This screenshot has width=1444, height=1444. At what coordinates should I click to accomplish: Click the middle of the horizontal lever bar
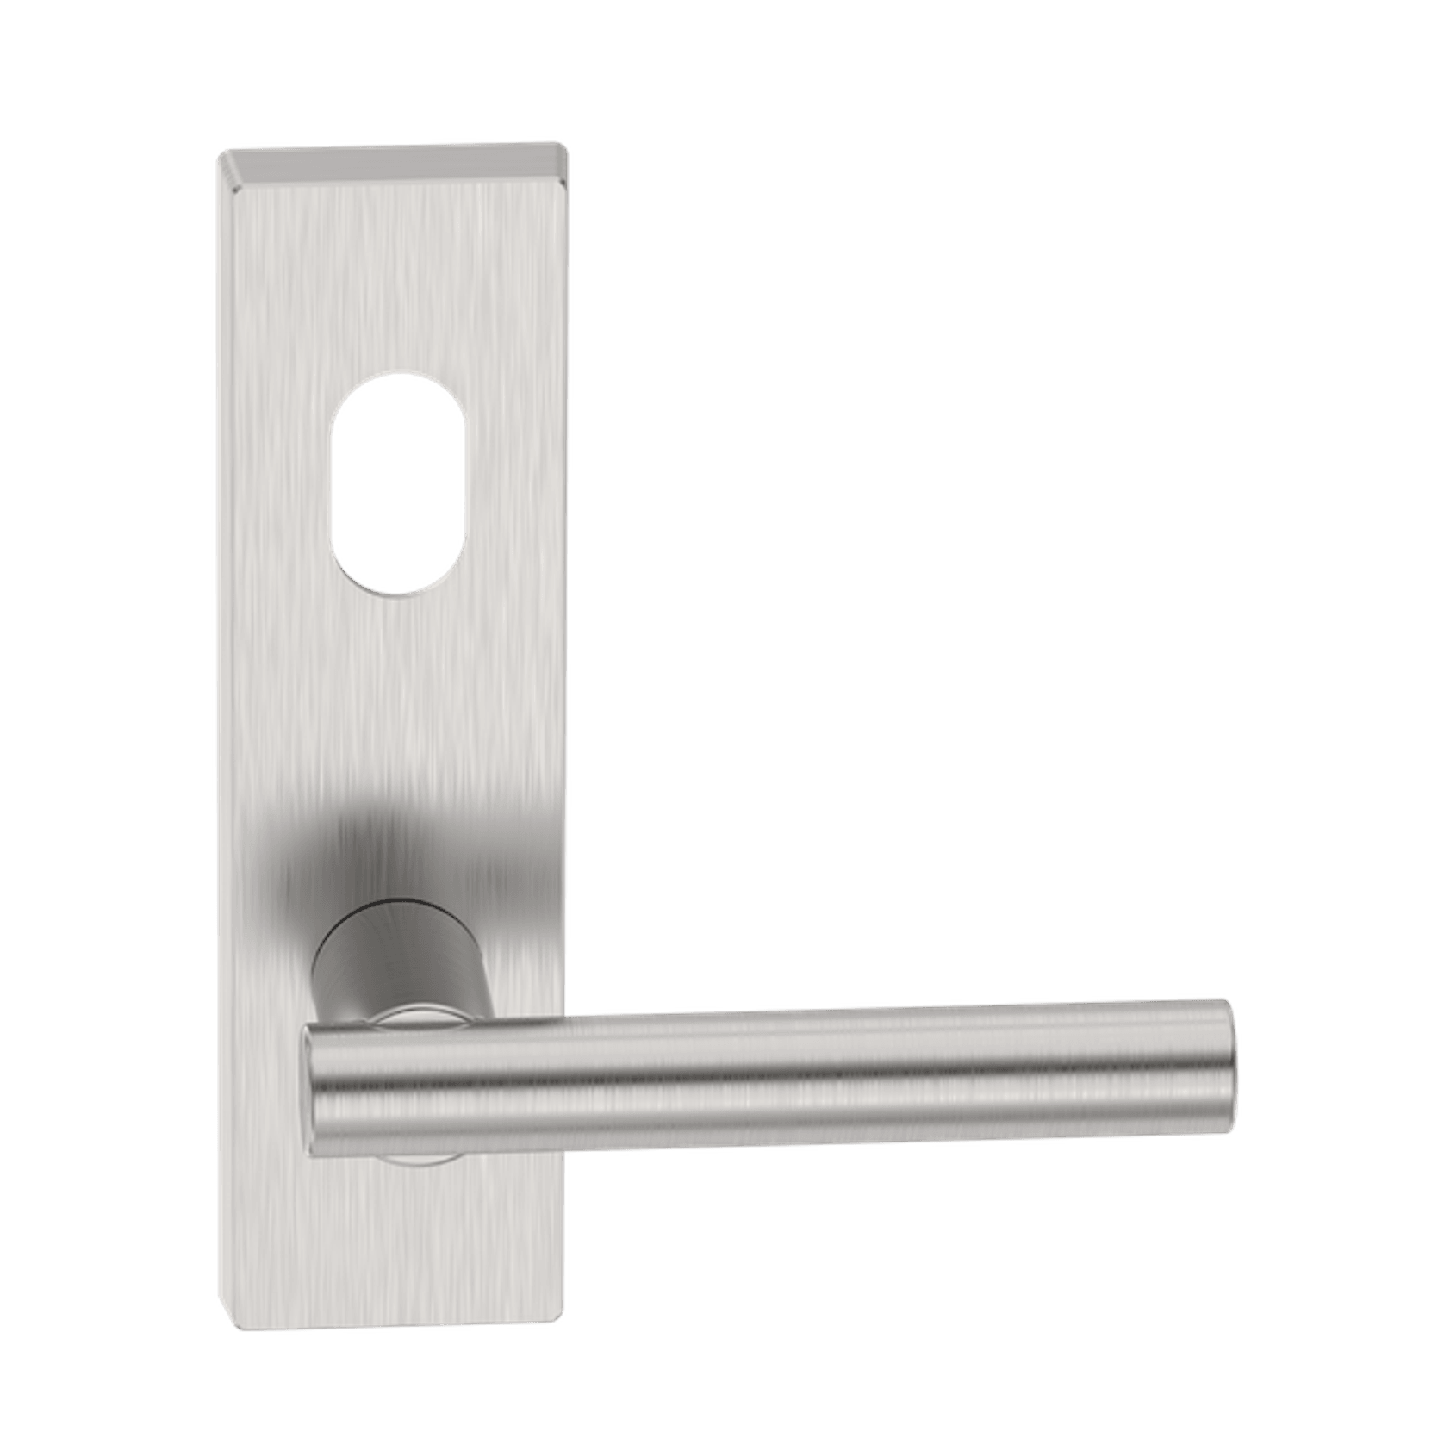pos(767,1068)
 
